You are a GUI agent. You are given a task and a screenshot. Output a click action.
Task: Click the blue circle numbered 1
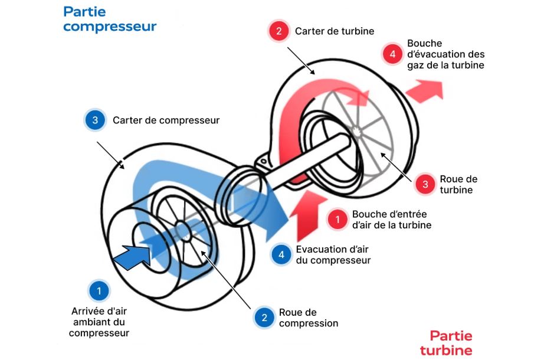point(99,291)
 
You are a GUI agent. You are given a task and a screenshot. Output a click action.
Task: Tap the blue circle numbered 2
point(265,318)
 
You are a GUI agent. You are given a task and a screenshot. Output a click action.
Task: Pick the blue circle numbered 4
point(281,254)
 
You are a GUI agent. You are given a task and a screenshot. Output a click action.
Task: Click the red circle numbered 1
point(337,219)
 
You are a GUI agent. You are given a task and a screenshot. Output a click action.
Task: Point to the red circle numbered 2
point(278,31)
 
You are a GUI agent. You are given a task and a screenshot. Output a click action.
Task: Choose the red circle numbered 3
point(425,184)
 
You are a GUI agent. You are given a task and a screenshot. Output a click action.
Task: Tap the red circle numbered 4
point(392,54)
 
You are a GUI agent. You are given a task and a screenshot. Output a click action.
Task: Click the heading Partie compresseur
point(110,19)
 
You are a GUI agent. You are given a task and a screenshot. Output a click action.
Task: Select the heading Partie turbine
point(447,343)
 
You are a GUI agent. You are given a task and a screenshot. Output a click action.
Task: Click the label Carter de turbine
point(335,31)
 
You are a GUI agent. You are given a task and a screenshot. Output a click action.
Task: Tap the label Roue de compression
point(308,318)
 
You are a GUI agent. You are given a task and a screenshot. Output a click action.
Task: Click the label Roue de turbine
point(458,184)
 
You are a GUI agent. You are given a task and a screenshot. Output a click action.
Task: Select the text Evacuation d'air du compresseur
point(333,254)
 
